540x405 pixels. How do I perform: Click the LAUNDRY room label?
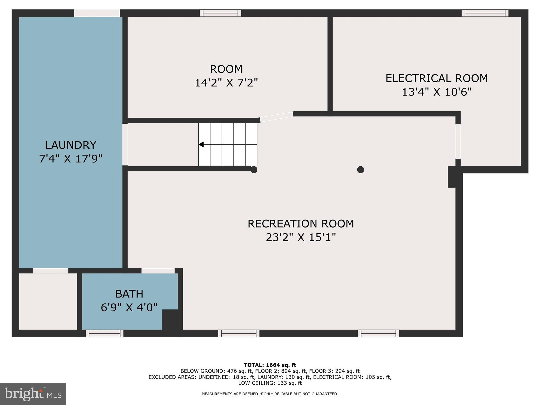(x=71, y=145)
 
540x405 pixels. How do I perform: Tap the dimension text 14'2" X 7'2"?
(x=226, y=83)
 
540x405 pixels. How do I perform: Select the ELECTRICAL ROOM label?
(x=436, y=78)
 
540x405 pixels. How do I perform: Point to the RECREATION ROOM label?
(x=301, y=224)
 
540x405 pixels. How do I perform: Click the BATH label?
(x=129, y=294)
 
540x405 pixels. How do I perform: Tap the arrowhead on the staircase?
(x=201, y=144)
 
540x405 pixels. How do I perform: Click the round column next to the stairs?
(x=254, y=170)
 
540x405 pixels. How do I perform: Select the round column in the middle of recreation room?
(x=360, y=170)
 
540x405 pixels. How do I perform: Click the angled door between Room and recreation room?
(x=277, y=117)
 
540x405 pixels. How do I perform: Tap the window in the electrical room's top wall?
(x=485, y=13)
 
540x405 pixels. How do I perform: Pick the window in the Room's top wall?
(x=220, y=13)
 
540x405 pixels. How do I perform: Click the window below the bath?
(x=105, y=334)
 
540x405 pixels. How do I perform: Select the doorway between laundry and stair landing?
(x=125, y=144)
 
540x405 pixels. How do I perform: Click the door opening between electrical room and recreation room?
(x=458, y=142)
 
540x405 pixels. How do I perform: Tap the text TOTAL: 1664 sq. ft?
(x=270, y=365)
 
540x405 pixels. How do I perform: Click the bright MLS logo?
(x=33, y=394)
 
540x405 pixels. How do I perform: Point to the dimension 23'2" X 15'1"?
(x=301, y=237)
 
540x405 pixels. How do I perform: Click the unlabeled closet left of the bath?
(x=48, y=301)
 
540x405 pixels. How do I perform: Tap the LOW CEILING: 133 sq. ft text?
(x=270, y=383)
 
